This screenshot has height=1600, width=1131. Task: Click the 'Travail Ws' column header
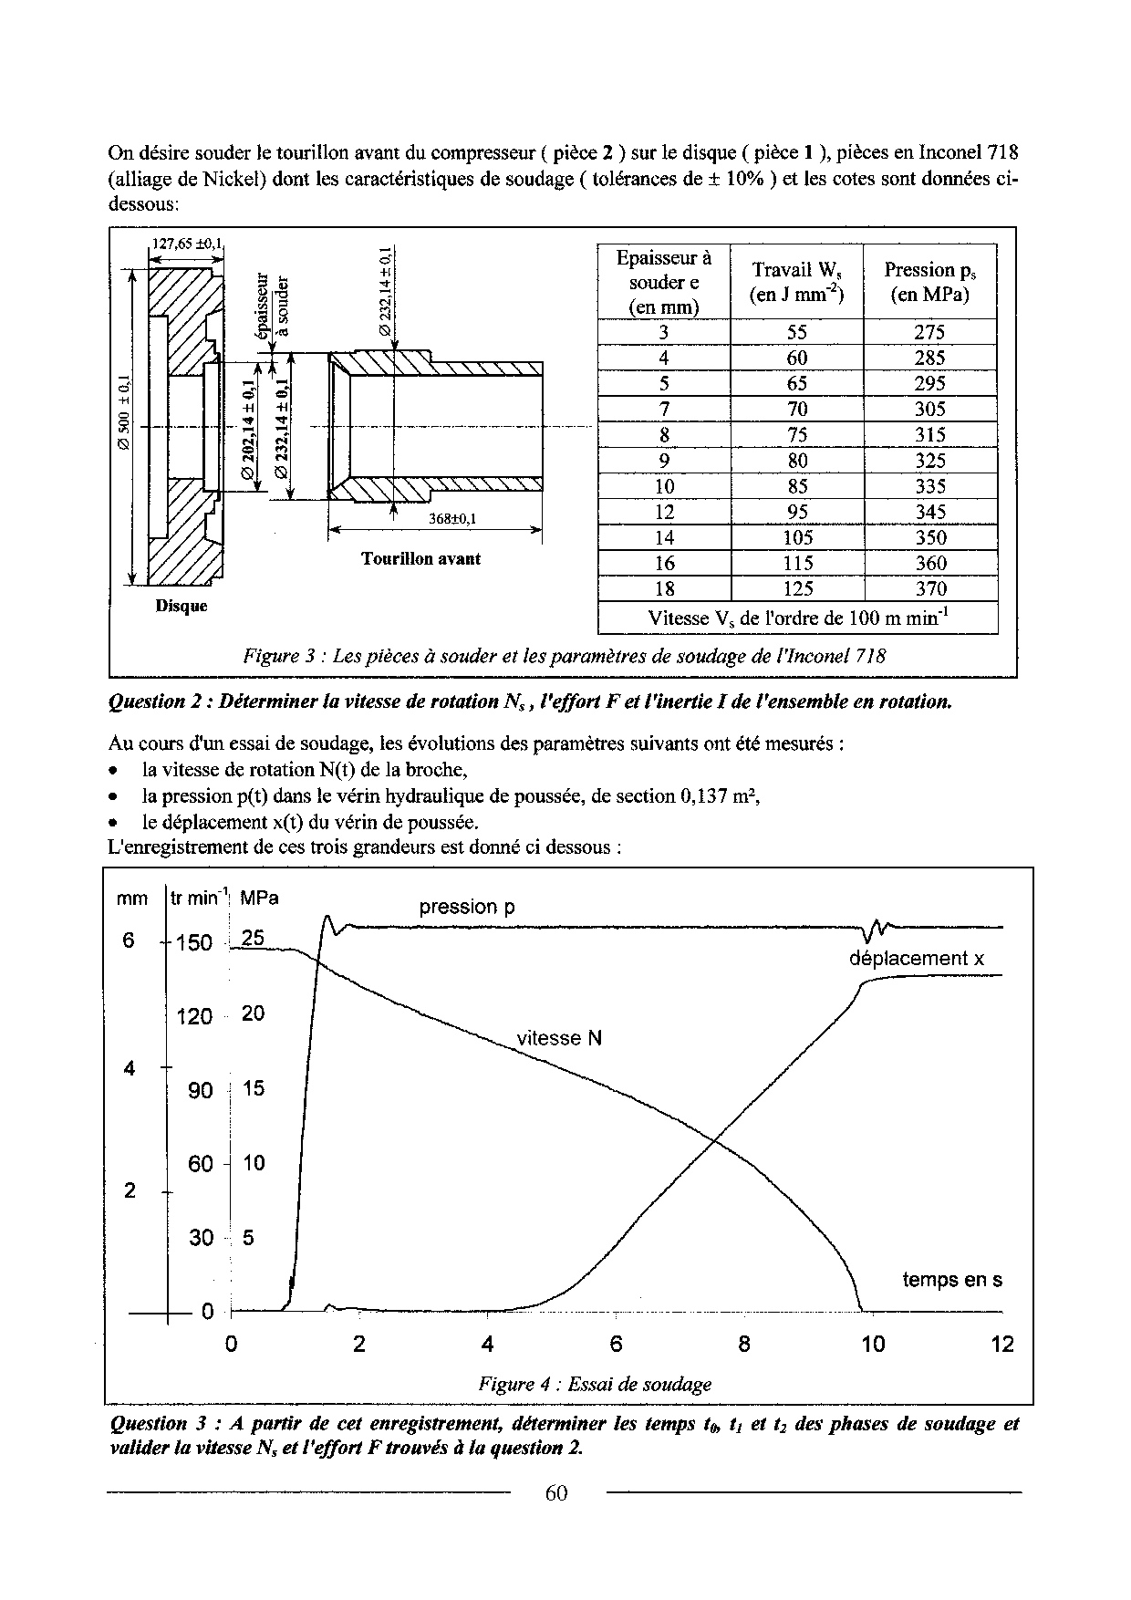tap(796, 282)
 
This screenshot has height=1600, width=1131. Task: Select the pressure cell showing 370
tap(929, 589)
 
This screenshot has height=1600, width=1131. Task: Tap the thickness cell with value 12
tap(664, 512)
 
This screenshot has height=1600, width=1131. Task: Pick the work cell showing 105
tap(796, 538)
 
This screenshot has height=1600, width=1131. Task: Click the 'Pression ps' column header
tap(929, 282)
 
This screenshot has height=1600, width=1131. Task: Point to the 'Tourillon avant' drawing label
tap(420, 559)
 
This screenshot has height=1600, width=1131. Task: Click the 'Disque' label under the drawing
tap(182, 606)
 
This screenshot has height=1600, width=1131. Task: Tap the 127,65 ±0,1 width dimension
tap(187, 244)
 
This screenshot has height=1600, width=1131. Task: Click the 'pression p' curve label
tap(467, 908)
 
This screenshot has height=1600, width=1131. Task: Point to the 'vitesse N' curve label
tap(559, 1038)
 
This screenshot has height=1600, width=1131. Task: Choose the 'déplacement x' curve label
tap(916, 959)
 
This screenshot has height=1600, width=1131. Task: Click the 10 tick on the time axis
tap(873, 1345)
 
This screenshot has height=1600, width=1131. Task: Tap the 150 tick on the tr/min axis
tap(194, 942)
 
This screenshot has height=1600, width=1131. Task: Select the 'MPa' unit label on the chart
tap(259, 899)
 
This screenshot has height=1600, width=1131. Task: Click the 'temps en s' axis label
tap(951, 1280)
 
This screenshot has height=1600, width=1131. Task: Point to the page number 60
tap(556, 1493)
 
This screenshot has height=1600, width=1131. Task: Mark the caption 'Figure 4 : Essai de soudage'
tap(595, 1385)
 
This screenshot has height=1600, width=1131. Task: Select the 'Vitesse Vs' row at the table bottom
tap(797, 618)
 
